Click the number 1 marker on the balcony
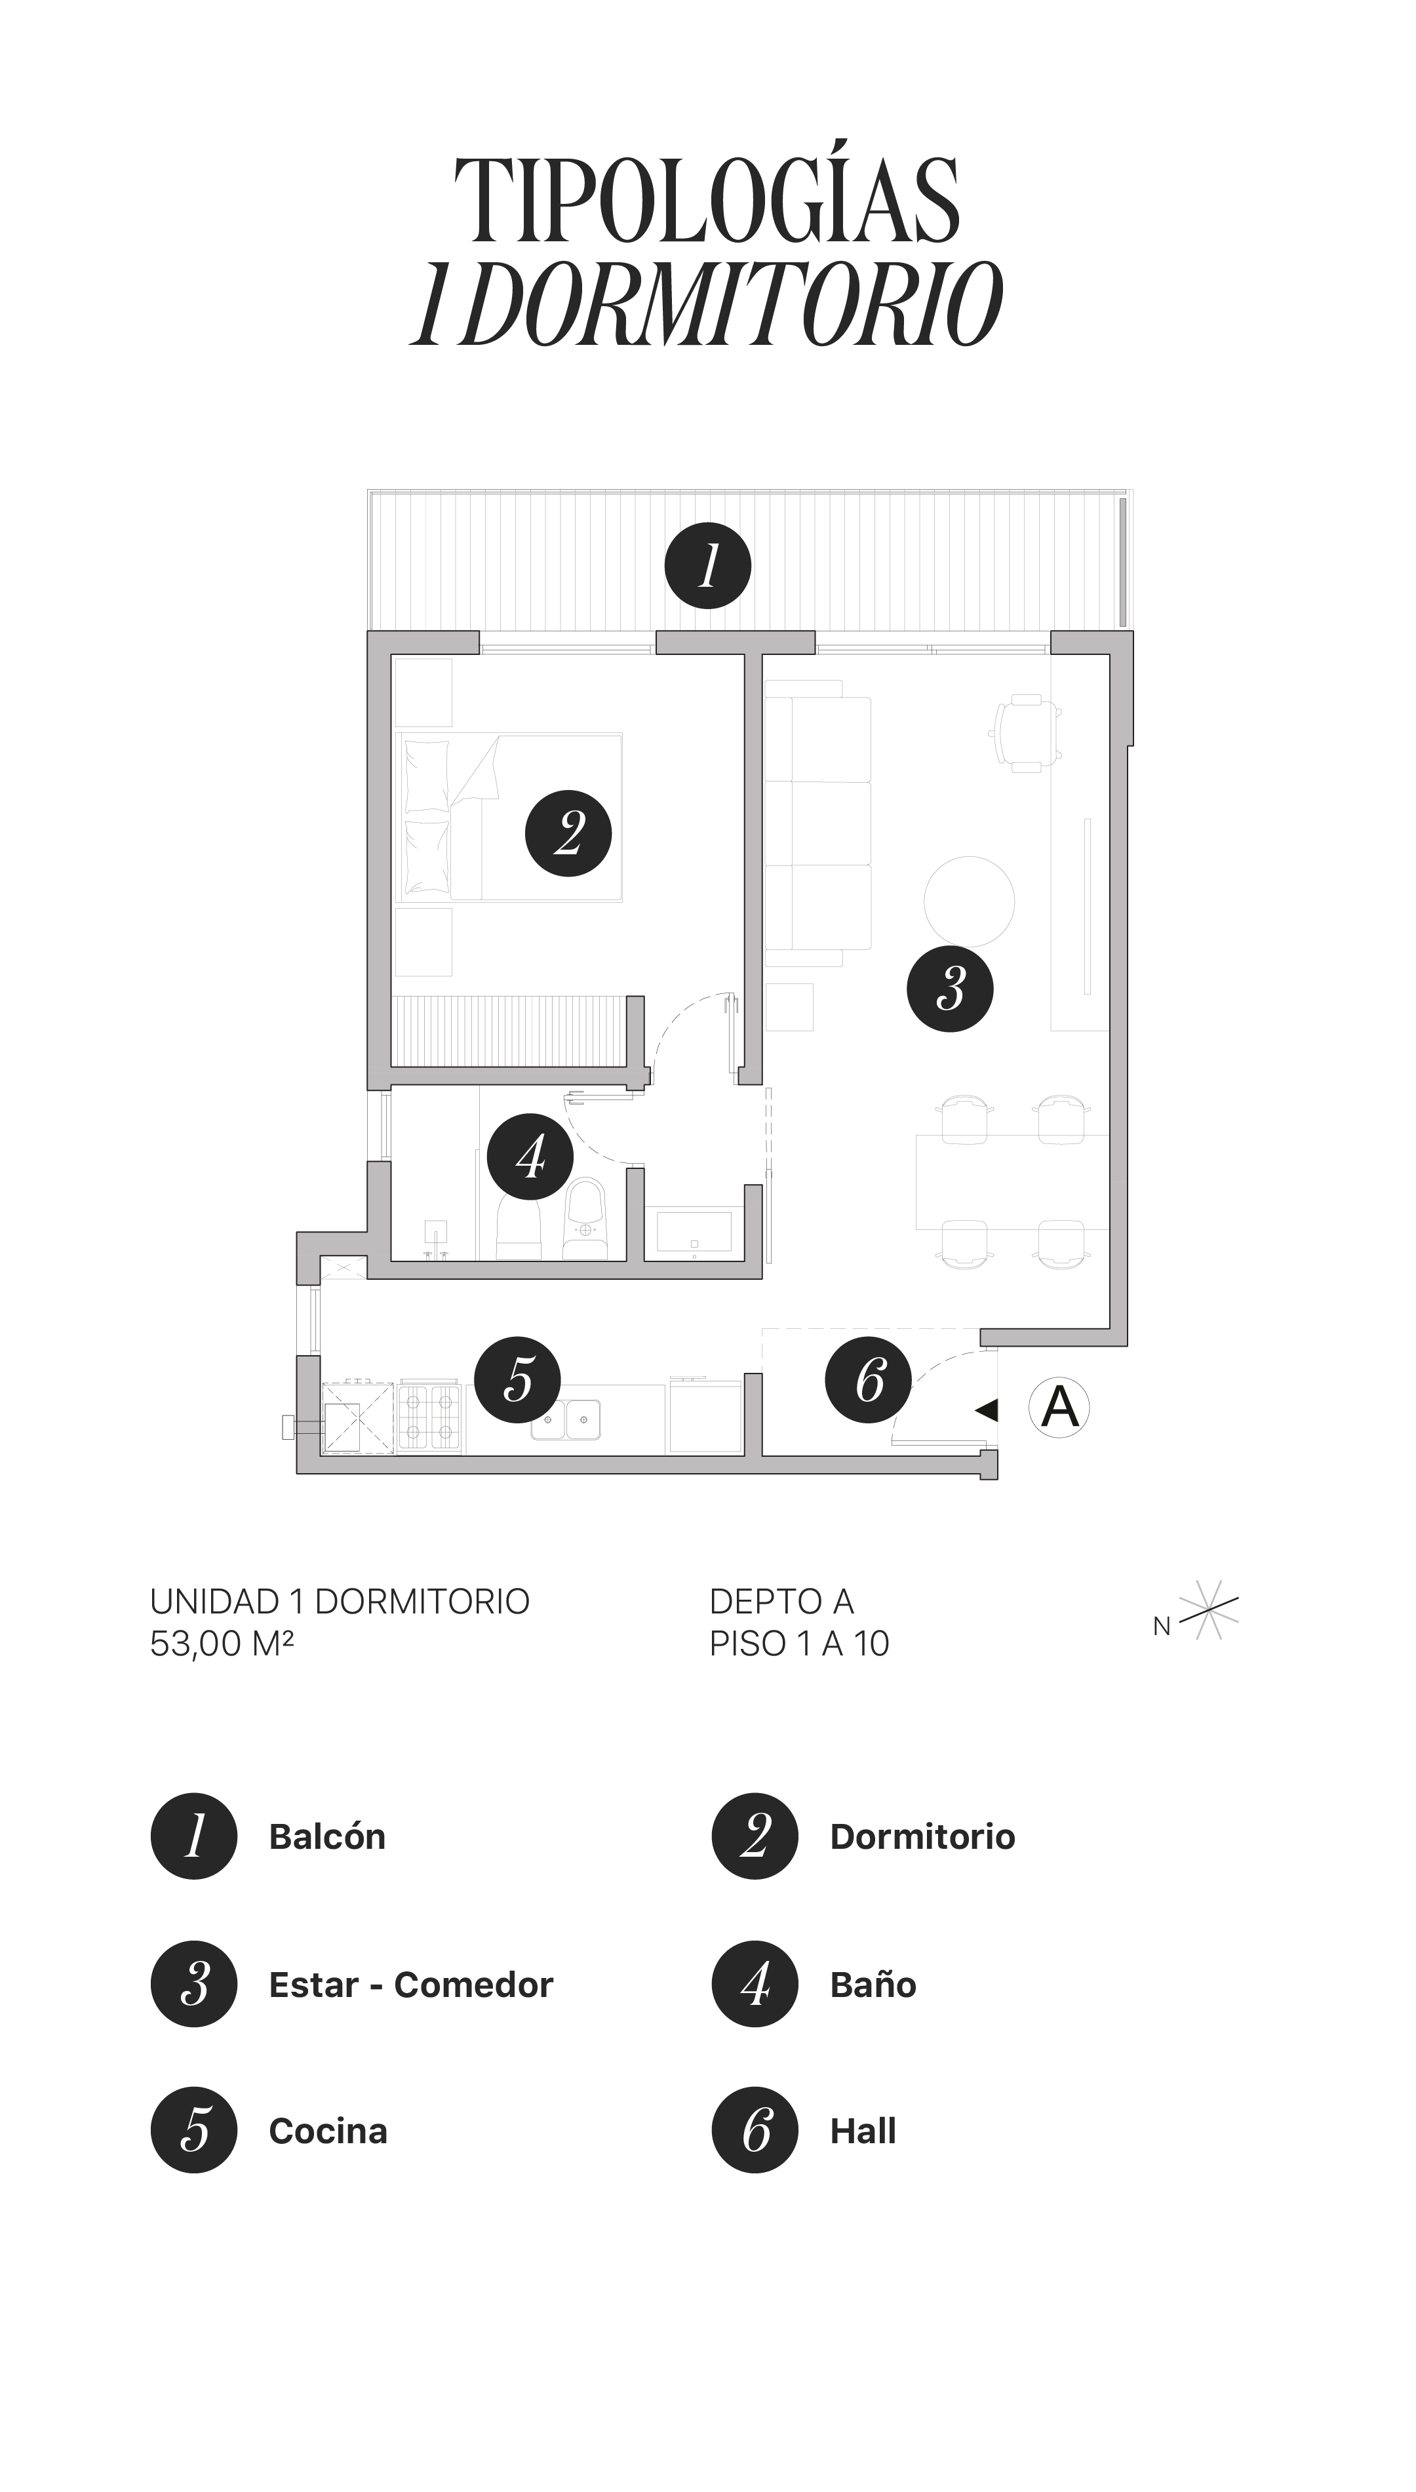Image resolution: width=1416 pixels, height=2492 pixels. pyautogui.click(x=707, y=566)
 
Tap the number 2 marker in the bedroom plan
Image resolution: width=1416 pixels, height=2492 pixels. pyautogui.click(x=568, y=833)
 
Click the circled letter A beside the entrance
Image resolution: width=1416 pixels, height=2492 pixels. pyautogui.click(x=1059, y=1407)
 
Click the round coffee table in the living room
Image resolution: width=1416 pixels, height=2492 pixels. pyautogui.click(x=969, y=901)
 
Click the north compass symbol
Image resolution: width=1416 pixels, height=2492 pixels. pyautogui.click(x=1207, y=1611)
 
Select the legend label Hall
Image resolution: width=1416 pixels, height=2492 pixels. pyautogui.click(x=863, y=2130)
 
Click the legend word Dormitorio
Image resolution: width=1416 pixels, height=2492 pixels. pyautogui.click(x=922, y=1836)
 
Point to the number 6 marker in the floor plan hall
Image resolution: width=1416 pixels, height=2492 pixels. pyautogui.click(x=869, y=1379)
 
